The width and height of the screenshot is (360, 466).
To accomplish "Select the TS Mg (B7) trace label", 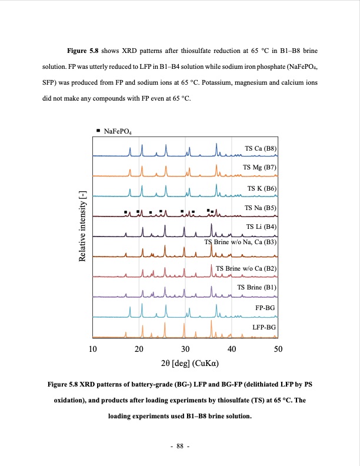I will [x=260, y=168].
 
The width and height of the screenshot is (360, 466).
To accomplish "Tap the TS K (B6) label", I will [x=262, y=188].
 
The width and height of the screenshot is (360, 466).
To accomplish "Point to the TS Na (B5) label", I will [x=261, y=208].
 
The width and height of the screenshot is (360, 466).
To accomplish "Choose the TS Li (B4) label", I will [x=261, y=227].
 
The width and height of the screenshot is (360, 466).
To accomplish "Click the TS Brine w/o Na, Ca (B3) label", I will [x=240, y=242].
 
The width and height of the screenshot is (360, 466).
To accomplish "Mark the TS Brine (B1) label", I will [x=256, y=287].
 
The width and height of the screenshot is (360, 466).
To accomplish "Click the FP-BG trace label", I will [x=265, y=308].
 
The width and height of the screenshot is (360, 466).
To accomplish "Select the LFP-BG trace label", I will [x=264, y=327].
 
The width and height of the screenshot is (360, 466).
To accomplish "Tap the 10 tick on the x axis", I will [x=92, y=349].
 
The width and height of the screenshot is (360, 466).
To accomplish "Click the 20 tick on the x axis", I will [x=139, y=349].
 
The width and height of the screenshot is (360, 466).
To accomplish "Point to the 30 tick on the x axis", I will [x=185, y=349].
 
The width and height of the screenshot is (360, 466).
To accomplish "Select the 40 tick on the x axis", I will [x=232, y=349].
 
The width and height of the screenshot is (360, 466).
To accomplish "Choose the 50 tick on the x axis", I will [x=278, y=349].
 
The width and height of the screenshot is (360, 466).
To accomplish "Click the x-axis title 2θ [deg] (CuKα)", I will [x=185, y=363].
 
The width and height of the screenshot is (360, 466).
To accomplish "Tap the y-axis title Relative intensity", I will [x=83, y=235].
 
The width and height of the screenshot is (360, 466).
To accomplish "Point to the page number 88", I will [x=180, y=446].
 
